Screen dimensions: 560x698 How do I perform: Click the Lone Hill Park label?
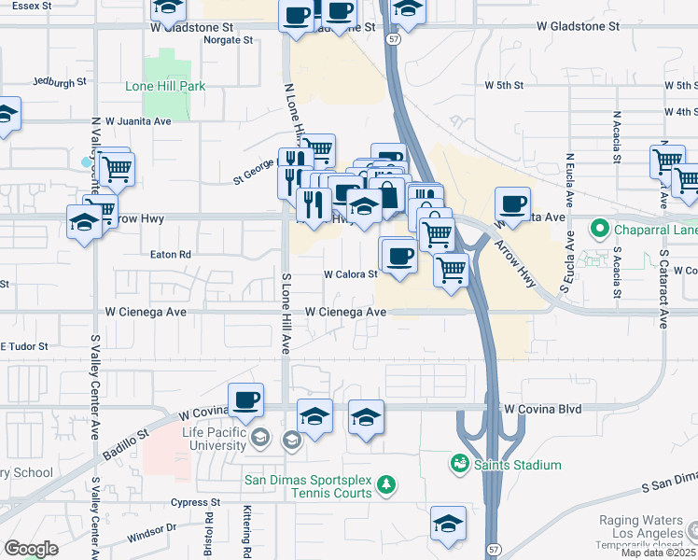coord(165,86)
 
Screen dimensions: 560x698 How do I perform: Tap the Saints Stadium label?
coord(518,465)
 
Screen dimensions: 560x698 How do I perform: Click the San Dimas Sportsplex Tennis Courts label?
coord(308,486)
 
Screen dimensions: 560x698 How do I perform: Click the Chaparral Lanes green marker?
coord(599,229)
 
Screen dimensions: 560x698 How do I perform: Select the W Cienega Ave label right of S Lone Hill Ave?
coord(345,312)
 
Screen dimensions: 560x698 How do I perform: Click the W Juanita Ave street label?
coord(138,121)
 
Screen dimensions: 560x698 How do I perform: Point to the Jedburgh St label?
coord(59,82)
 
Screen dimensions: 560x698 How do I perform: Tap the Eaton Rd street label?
coord(171,254)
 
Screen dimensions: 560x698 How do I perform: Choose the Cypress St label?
coord(196,502)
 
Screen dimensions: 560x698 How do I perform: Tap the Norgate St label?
coord(230,41)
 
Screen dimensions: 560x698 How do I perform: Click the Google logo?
coord(31,549)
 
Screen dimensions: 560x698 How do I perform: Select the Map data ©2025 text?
coord(658,553)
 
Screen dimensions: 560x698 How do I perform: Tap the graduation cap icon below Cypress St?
coord(448,525)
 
